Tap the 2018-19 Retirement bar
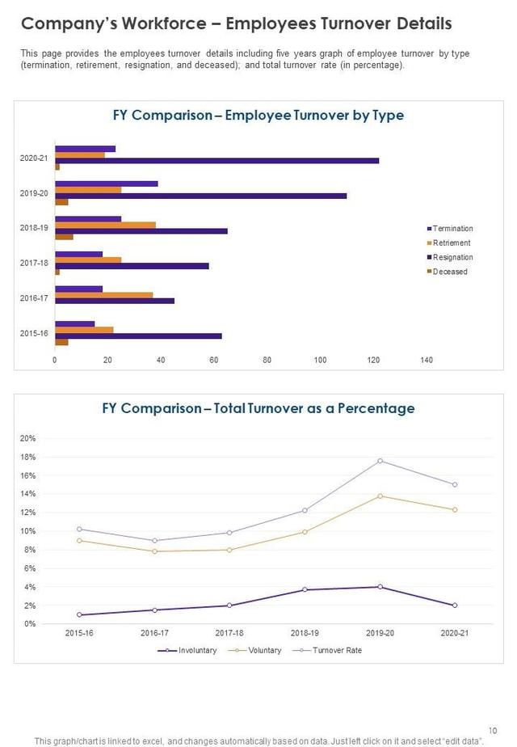tap(105, 225)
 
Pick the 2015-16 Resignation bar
tap(138, 336)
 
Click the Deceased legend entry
tap(449, 272)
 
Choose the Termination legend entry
tap(452, 229)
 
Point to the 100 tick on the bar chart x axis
tap(320, 361)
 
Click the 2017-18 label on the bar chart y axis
tap(34, 263)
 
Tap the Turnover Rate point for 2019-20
tap(380, 461)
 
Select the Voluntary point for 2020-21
tap(455, 509)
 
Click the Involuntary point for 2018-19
tap(305, 589)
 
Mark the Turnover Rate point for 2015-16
tap(78, 529)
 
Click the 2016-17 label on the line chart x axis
tap(154, 632)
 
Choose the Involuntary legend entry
tap(194, 650)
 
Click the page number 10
tap(493, 728)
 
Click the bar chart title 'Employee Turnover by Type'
tap(314, 116)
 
